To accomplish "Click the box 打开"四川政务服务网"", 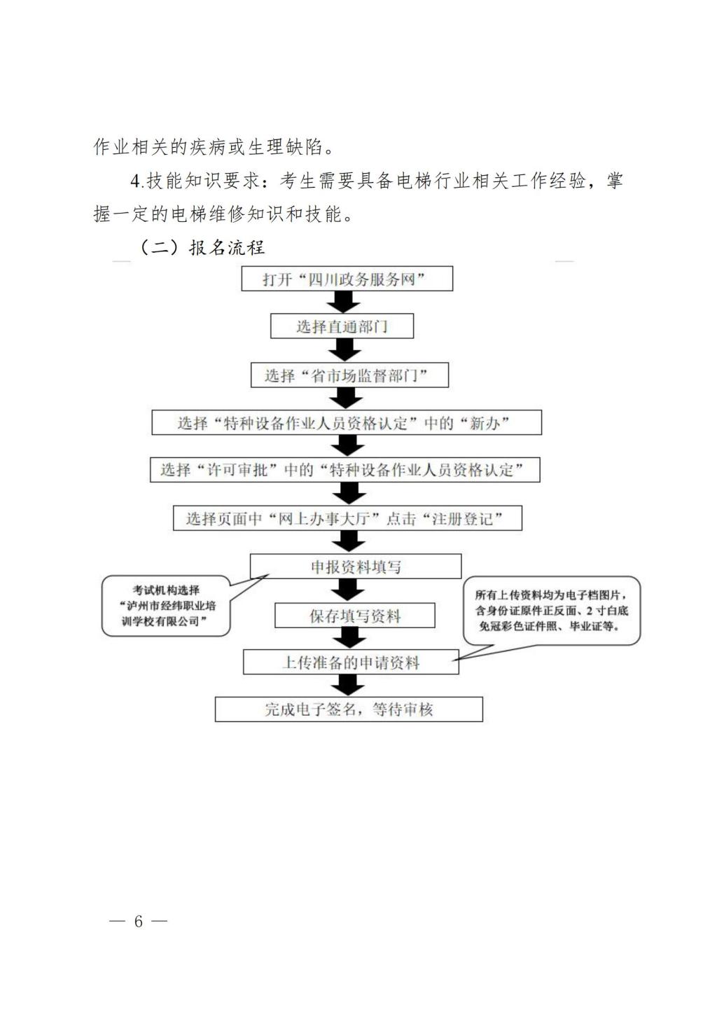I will pos(347,279).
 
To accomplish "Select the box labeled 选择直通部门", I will pos(342,326).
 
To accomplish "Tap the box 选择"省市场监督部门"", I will pos(349,375).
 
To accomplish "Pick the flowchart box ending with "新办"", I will pos(347,423).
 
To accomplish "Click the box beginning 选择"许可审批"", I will pos(344,470).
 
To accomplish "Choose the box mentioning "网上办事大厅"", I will pos(347,519).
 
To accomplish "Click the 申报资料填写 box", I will pos(356,567).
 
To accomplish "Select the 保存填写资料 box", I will pos(354,616).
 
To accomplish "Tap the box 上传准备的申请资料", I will pos(351,662).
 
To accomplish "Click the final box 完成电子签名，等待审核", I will pos(348,709).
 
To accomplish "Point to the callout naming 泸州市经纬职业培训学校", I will pos(167,606).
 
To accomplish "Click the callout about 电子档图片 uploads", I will pos(552,611).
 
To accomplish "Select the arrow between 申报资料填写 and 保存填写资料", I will pos(347,591).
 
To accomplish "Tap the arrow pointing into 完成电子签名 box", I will pos(348,686).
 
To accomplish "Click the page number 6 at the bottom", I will pos(139,921).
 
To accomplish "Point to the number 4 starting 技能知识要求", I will pos(136,181).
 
